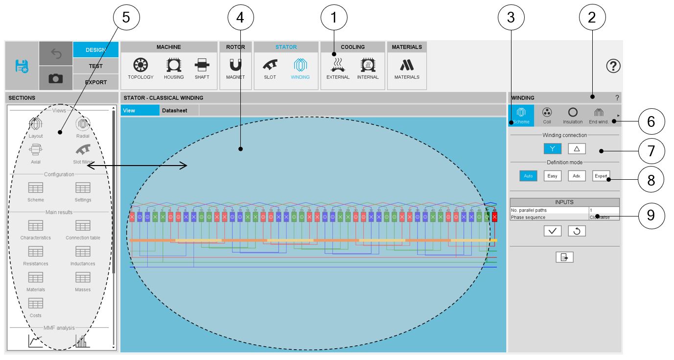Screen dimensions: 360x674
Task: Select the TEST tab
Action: (95, 66)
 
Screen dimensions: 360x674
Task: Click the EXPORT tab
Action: (95, 82)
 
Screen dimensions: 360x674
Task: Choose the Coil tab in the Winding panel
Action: (547, 116)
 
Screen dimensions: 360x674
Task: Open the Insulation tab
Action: (572, 116)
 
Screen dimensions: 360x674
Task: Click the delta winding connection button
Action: (577, 148)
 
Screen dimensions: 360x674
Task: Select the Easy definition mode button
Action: (552, 176)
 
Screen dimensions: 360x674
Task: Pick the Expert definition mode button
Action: (601, 176)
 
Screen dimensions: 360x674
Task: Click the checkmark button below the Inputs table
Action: (552, 231)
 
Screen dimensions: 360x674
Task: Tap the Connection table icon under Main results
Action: (83, 228)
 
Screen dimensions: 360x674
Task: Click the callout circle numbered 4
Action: (241, 18)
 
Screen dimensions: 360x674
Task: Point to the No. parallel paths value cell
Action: (604, 210)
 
